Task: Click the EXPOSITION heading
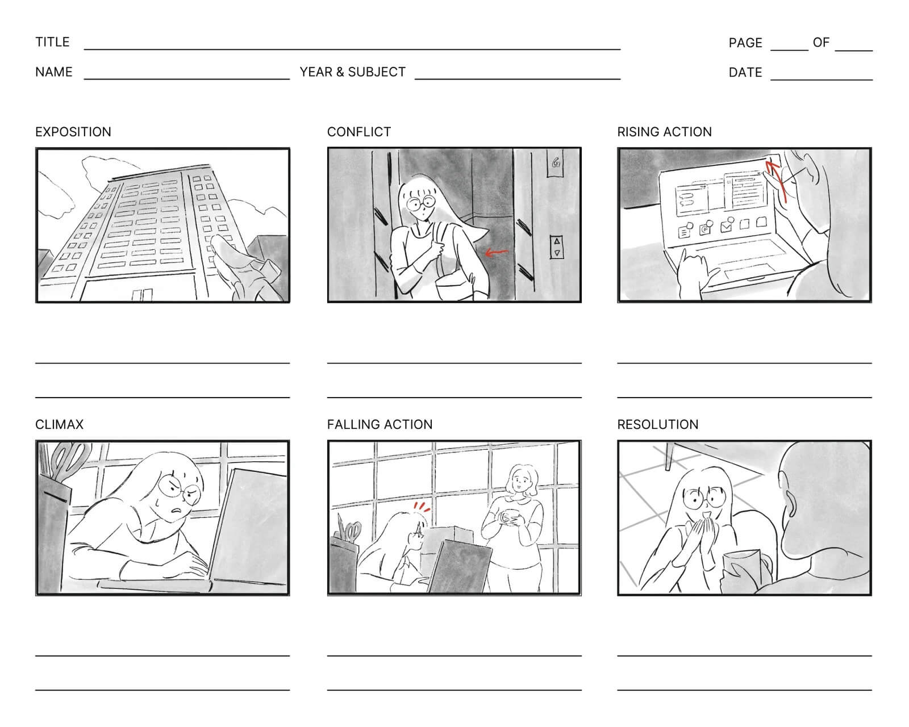(73, 132)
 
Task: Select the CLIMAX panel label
(59, 424)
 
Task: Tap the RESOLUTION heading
(657, 424)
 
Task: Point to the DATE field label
(745, 73)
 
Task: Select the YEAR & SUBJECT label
(352, 72)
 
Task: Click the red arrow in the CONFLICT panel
(497, 252)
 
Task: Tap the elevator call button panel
(557, 247)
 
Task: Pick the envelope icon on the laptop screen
(726, 227)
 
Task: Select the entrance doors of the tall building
(142, 294)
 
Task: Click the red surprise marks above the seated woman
(421, 505)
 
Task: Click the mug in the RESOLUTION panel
(741, 570)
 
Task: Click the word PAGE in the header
(745, 43)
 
